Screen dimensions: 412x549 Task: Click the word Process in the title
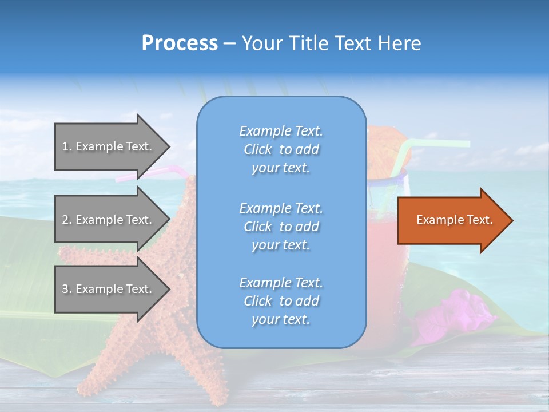[x=180, y=43]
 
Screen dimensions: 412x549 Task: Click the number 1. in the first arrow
[x=67, y=146]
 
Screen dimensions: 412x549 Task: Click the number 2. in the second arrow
[x=67, y=220]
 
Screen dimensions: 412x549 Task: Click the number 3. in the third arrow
[x=67, y=289]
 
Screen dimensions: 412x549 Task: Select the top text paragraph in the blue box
[x=281, y=149]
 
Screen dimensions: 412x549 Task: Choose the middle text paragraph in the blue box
[x=281, y=226]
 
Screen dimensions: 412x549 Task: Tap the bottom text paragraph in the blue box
[x=281, y=301]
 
